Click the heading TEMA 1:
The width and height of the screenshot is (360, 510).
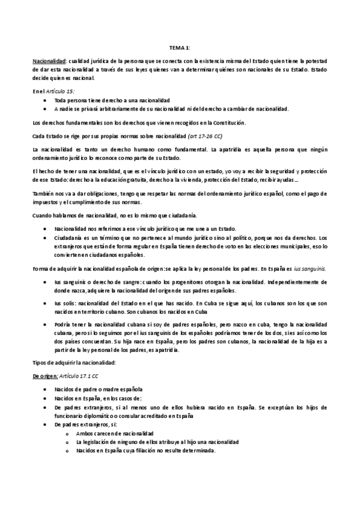pyautogui.click(x=180, y=48)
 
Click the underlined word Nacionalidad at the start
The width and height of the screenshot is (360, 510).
pyautogui.click(x=49, y=61)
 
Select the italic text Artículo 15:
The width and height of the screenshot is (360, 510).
pyautogui.click(x=61, y=90)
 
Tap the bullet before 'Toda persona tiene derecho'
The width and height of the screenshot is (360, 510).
pyautogui.click(x=46, y=99)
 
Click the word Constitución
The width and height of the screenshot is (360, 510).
pyautogui.click(x=229, y=123)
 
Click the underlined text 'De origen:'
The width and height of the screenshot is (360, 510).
pyautogui.click(x=45, y=376)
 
